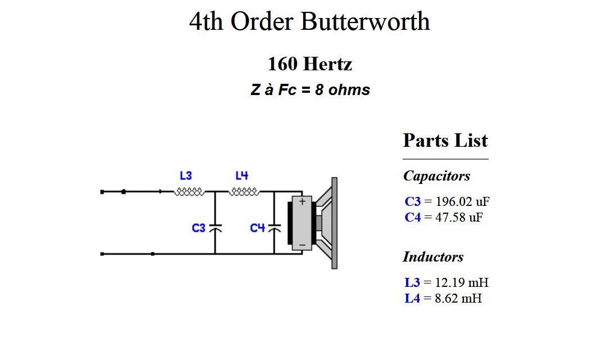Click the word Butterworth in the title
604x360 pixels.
365,21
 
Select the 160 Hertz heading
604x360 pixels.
310,64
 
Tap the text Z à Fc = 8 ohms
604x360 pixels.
310,90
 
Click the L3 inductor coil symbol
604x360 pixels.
189,191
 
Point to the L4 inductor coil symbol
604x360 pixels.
244,191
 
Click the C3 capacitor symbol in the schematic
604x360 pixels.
215,228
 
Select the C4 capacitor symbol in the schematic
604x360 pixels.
274,228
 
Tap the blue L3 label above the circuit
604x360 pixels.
186,175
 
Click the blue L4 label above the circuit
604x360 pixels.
241,175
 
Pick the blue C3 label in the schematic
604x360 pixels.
199,228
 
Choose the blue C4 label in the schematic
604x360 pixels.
258,228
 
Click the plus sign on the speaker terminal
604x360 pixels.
303,201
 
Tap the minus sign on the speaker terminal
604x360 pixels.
303,245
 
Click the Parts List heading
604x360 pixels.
445,140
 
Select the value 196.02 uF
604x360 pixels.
462,201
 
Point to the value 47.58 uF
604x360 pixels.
459,217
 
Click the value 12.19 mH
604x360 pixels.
462,282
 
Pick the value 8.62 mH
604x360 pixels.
458,298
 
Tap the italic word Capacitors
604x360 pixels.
436,176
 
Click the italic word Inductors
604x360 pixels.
433,257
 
